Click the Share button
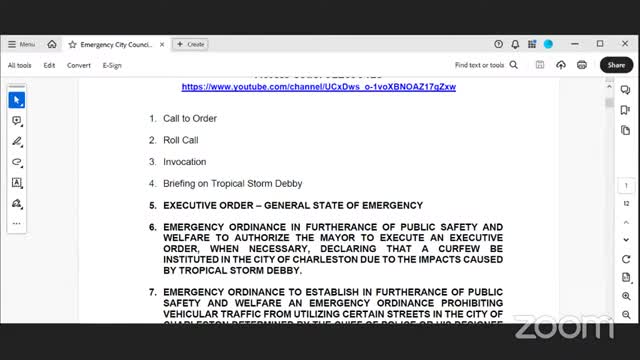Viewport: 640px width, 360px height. (x=614, y=65)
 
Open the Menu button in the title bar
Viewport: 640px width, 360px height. (x=21, y=44)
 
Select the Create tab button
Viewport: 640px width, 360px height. (x=190, y=44)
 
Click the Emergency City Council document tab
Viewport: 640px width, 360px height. (x=114, y=44)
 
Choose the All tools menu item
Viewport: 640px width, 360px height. (x=19, y=65)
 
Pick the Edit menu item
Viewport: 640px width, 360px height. (x=49, y=65)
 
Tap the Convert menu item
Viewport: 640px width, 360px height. (x=79, y=65)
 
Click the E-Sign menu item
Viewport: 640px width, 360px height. (x=112, y=65)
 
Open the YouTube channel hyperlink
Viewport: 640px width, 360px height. (x=318, y=87)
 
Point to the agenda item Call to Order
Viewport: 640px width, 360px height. (x=190, y=119)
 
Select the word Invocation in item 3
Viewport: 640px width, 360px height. (x=185, y=162)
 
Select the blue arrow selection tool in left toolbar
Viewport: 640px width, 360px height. (x=17, y=100)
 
